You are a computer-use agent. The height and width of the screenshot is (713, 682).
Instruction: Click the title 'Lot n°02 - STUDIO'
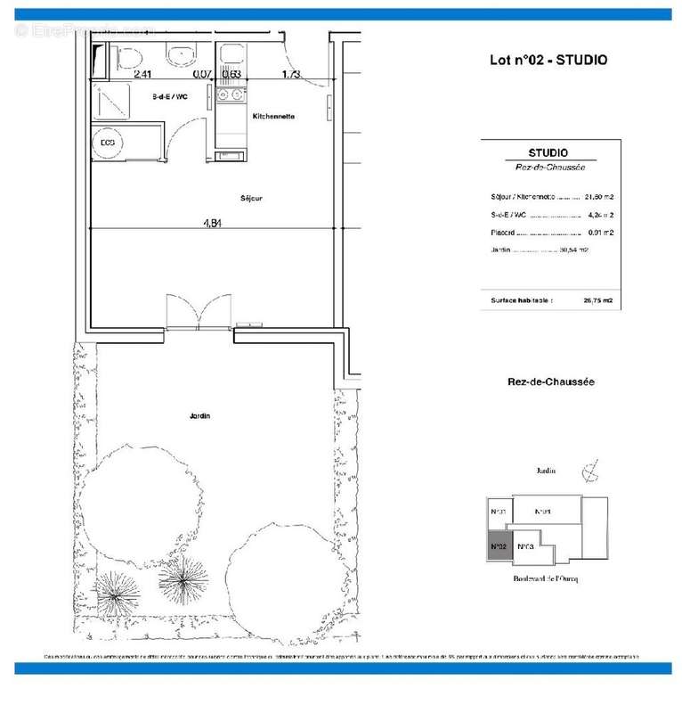coord(548,61)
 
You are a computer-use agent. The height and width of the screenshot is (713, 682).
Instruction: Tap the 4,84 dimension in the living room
coord(211,224)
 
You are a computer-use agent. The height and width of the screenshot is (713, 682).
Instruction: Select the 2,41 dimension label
coord(142,75)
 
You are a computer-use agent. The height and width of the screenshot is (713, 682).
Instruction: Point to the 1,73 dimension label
coord(291,75)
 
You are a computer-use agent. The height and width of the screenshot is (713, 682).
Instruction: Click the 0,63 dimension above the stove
coord(231,75)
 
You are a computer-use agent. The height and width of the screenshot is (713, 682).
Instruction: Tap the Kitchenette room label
coord(273,117)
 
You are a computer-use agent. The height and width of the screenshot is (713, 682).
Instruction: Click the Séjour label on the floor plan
coord(250,198)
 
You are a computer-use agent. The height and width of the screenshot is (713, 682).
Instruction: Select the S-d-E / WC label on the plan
coord(169,96)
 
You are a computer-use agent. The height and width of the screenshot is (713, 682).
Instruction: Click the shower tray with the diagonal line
coord(111,103)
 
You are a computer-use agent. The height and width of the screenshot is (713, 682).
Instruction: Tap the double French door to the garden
coord(199,314)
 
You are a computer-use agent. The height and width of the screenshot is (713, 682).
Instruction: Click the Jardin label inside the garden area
coord(199,415)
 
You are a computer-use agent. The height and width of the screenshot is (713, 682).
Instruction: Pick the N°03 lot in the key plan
coord(525,546)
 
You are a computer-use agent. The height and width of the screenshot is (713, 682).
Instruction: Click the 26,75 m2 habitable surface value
coord(597,300)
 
